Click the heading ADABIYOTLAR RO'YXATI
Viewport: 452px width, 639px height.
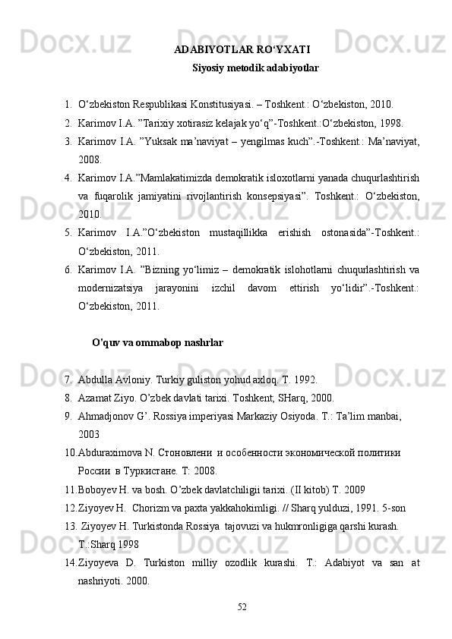(x=242, y=51)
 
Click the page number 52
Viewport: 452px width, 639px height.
(x=242, y=606)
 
